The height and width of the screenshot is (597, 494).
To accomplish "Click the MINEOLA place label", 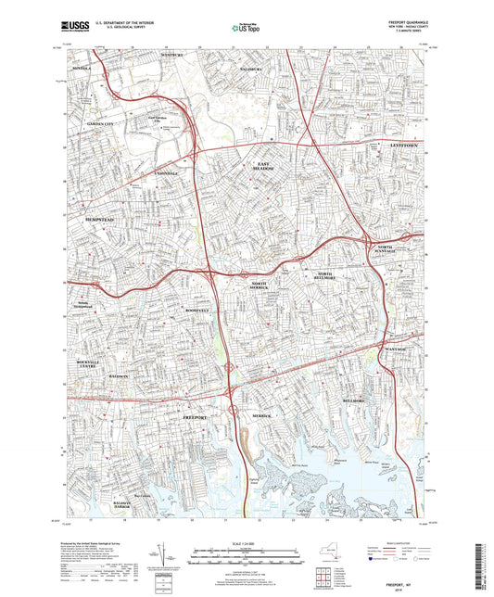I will click(x=83, y=68).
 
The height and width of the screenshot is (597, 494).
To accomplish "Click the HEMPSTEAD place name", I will click(x=99, y=219).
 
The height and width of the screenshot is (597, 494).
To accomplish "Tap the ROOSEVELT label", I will click(x=199, y=310).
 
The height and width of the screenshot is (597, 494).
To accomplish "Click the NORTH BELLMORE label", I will click(x=323, y=278).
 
